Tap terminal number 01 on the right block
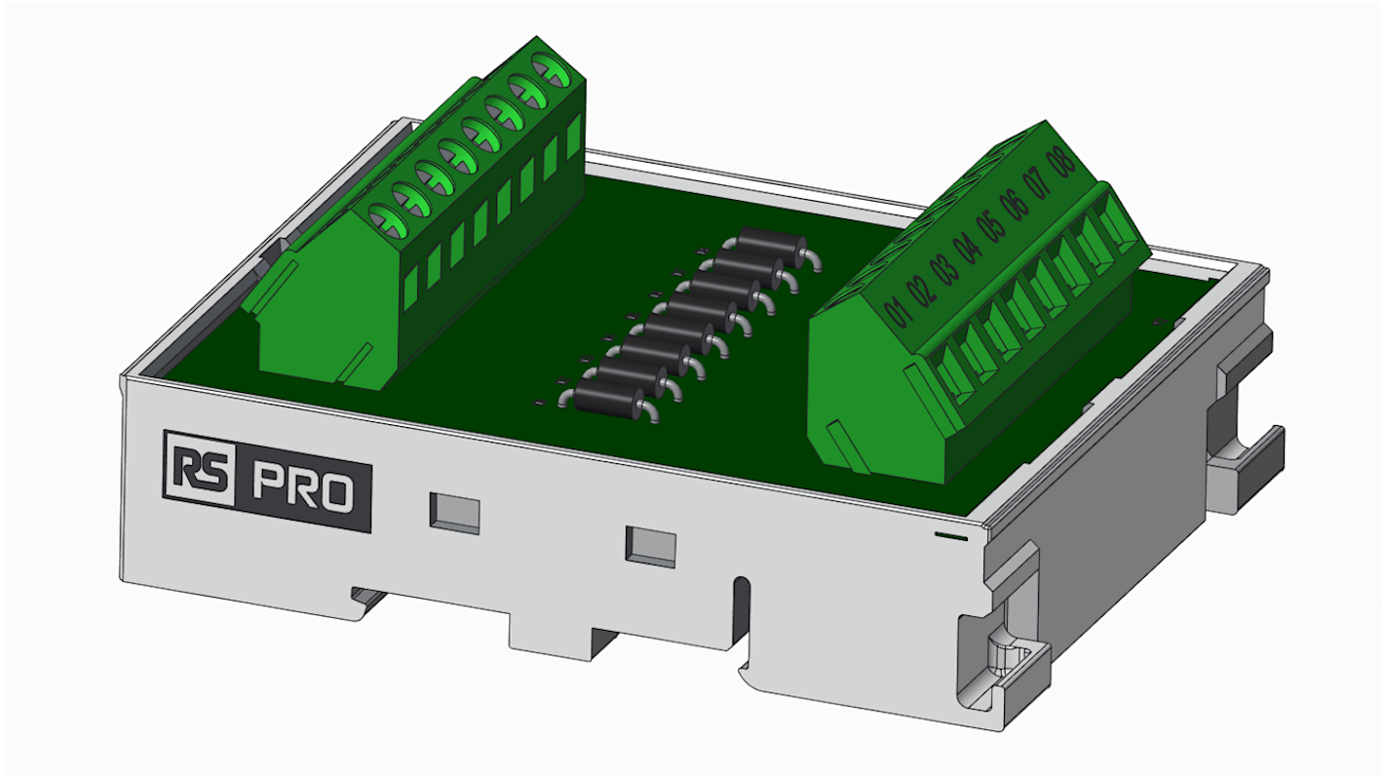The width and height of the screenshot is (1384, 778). tap(898, 311)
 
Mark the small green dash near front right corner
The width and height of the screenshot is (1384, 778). tap(950, 535)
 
